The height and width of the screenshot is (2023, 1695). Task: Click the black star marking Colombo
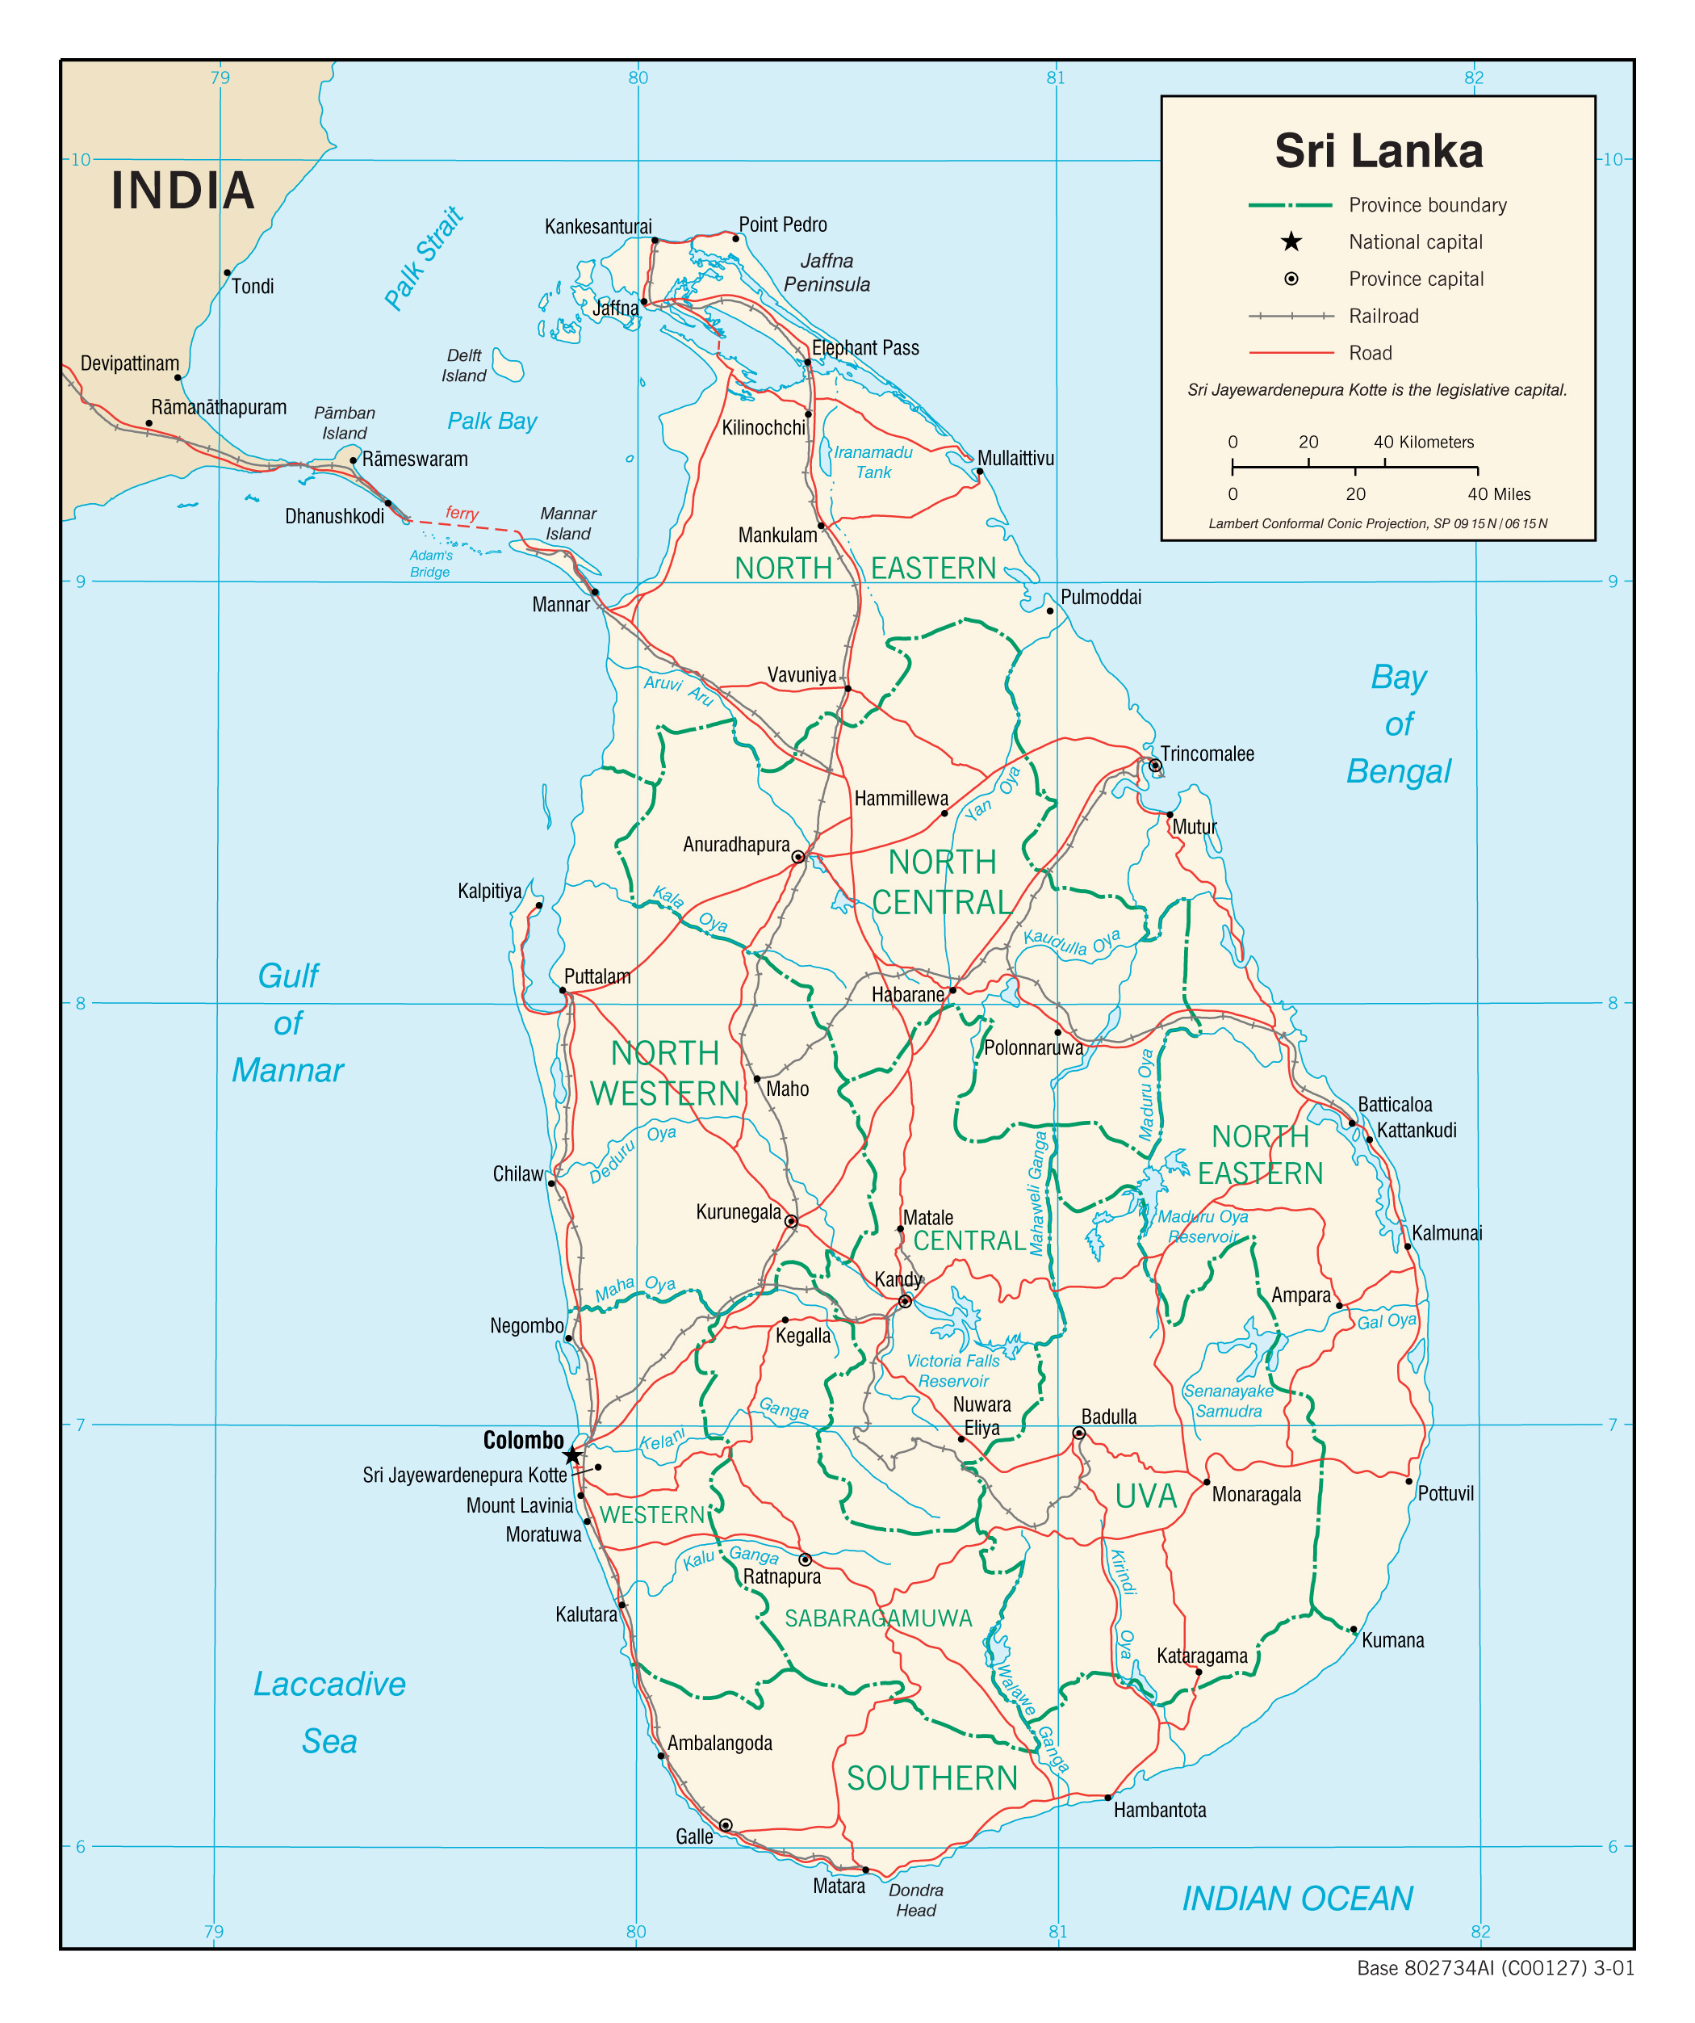(x=572, y=1454)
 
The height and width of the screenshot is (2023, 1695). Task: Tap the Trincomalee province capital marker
(x=1155, y=766)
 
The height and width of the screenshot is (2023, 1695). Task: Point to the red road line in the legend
(x=1291, y=354)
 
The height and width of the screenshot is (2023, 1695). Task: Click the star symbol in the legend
(x=1291, y=241)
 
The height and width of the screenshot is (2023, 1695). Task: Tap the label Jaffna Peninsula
(x=827, y=273)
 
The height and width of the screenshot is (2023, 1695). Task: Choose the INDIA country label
(x=183, y=190)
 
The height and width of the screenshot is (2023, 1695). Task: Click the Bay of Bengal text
(x=1398, y=724)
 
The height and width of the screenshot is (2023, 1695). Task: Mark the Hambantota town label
(x=1160, y=1810)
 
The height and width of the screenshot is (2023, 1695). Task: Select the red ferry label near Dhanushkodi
(x=462, y=513)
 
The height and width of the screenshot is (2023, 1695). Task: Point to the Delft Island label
(x=464, y=365)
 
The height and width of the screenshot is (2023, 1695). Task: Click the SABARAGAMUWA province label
(x=878, y=1618)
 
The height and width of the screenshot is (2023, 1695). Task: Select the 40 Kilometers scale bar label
(x=1424, y=443)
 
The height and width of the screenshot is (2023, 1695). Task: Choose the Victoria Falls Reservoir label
(x=952, y=1370)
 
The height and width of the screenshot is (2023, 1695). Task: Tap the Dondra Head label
(x=915, y=1899)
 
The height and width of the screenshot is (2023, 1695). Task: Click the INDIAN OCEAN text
(x=1297, y=1899)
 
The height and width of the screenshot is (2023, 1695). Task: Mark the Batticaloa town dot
(x=1352, y=1123)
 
